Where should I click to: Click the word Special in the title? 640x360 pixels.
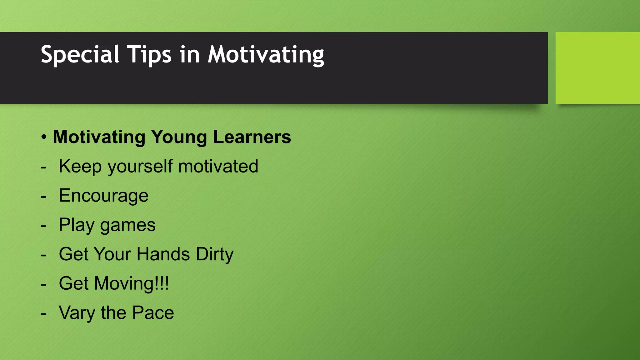pos(80,55)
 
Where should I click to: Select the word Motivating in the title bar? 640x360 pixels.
pos(266,55)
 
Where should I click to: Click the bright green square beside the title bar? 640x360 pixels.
pos(597,68)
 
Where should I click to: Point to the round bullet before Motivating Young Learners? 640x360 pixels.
pos(44,137)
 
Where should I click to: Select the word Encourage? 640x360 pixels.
pos(103,196)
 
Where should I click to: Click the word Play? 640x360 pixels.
pos(76,225)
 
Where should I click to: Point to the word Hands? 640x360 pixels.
pos(163,254)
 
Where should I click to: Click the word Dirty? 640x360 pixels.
pos(215,254)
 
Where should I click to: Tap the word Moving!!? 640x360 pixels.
pos(131,283)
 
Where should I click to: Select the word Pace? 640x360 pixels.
pos(153,312)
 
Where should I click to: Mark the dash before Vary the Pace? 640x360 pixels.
pos(44,313)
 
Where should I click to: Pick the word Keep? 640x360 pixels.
pos(80,166)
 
